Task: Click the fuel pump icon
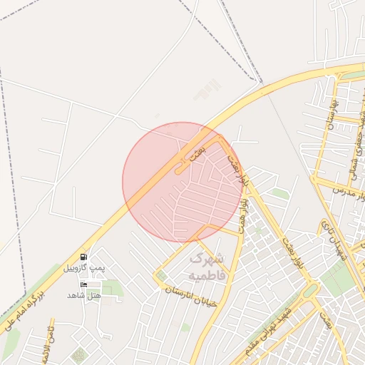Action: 84,257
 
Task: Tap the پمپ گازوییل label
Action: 84,267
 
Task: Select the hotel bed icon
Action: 84,284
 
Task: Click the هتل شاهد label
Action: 85,294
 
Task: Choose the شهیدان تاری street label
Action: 334,242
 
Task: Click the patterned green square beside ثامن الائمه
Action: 78,354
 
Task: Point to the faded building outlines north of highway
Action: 208,89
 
